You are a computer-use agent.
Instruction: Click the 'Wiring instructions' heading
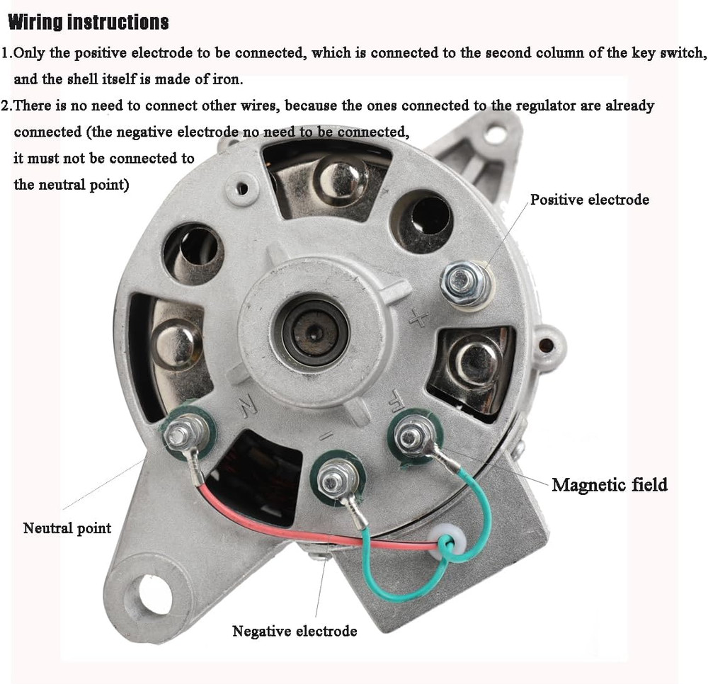tap(88, 23)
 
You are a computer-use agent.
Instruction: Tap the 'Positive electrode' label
tap(589, 200)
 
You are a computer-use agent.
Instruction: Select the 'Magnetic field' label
tap(609, 485)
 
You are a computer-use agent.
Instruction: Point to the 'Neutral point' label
tap(67, 528)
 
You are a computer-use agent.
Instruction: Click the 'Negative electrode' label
tap(295, 631)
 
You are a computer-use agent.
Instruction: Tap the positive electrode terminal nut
tap(465, 283)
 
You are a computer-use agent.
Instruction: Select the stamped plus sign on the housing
tap(418, 320)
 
